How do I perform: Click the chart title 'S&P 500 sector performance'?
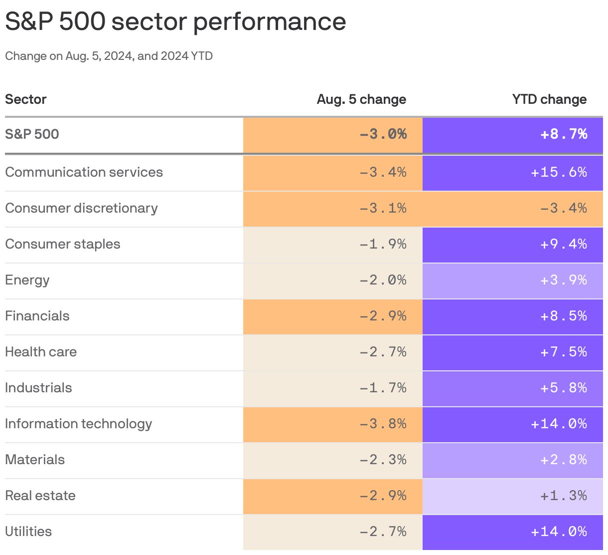coord(175,22)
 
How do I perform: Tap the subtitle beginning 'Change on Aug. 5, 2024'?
coord(109,56)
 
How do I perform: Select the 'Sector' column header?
coord(26,99)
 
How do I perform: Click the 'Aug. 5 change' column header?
coord(361,99)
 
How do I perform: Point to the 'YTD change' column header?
coord(549,99)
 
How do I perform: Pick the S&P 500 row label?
coord(32,134)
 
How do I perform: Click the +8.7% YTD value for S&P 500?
coord(564,134)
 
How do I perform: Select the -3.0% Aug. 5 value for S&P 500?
coord(383,134)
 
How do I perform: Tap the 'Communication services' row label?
coord(84,172)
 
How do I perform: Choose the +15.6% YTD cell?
coord(559,172)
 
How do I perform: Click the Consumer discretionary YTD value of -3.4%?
coord(564,208)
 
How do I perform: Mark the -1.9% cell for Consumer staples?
coord(383,244)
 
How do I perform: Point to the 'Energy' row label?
coord(27,280)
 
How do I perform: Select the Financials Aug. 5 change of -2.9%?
coord(383,316)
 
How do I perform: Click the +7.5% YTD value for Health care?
coord(564,352)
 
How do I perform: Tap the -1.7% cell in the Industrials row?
coord(383,388)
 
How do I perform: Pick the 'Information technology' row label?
coord(78,424)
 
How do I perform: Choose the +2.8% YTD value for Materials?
coord(564,460)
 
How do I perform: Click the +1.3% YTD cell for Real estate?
coord(564,496)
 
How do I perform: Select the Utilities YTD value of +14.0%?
coord(559,532)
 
